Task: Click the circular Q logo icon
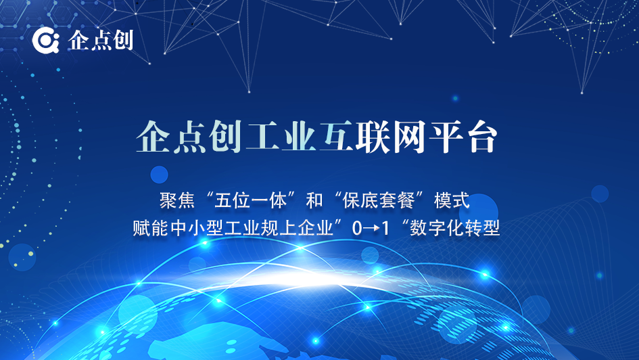46,41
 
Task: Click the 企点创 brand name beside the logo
100,41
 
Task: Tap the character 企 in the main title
153,137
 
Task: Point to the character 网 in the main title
408,137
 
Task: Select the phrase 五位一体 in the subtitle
250,200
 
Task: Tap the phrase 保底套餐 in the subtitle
379,200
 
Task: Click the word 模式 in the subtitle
452,200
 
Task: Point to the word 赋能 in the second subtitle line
150,227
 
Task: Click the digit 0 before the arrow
357,228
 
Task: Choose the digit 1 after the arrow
385,228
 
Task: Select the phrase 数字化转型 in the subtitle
455,227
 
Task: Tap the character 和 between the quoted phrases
314,200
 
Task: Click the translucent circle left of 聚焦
160,175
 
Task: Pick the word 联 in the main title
373,137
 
